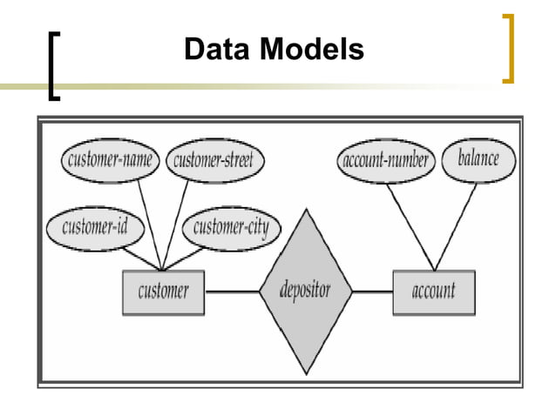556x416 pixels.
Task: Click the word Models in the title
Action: click(309, 50)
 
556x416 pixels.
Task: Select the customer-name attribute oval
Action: click(111, 159)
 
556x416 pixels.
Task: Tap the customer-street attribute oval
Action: click(214, 159)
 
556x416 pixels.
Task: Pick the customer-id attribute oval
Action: click(91, 228)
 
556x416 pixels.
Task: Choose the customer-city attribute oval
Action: click(231, 228)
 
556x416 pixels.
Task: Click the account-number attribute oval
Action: click(384, 159)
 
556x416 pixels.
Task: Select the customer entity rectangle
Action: click(163, 291)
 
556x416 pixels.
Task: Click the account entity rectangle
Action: click(433, 291)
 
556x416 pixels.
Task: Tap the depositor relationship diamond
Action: click(305, 291)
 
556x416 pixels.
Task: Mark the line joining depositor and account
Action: click(372, 291)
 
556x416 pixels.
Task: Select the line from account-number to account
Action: click(410, 225)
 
